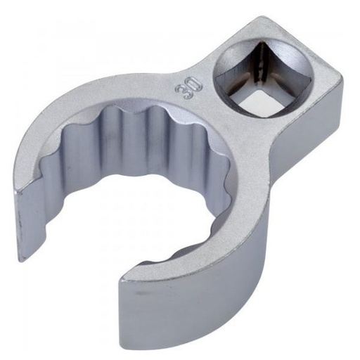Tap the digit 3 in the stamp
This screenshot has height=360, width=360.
pos(184,93)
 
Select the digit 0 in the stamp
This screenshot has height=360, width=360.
pos(195,84)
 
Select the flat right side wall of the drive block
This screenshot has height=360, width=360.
pos(307,131)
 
